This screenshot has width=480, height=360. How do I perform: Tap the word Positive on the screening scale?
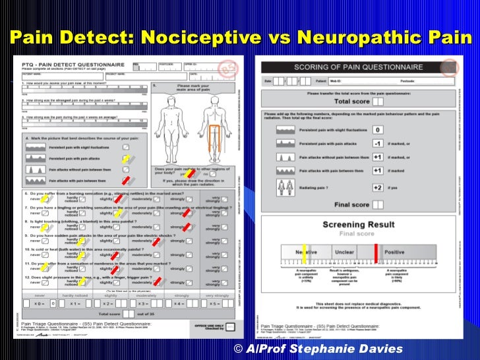(x=394, y=252)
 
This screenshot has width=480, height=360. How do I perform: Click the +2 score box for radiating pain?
(x=378, y=187)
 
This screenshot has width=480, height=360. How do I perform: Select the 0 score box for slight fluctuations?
(x=378, y=131)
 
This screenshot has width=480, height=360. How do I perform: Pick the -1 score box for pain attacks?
(x=378, y=144)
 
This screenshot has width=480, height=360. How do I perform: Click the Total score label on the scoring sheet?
(x=351, y=102)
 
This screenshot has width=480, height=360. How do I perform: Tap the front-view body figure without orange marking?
(x=176, y=125)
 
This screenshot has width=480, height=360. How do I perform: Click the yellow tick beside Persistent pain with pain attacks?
(x=125, y=160)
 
